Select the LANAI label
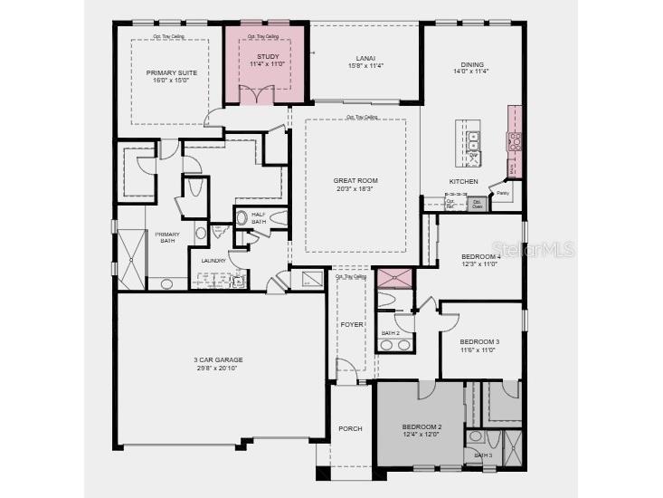pos(365,57)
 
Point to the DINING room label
pos(471,64)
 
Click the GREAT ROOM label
pos(355,180)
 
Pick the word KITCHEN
pos(463,181)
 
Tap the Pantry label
pos(503,193)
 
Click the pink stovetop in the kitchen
pos(514,140)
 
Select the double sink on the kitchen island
pos(474,141)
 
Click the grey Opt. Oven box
pos(478,205)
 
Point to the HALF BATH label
pos(259,217)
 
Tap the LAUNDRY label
pos(213,261)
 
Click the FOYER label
pos(352,323)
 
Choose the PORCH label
pos(350,428)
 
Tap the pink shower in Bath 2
pos(393,277)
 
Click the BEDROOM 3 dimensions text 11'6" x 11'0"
pos(478,350)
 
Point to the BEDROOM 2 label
pos(421,426)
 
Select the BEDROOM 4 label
pos(480,256)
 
